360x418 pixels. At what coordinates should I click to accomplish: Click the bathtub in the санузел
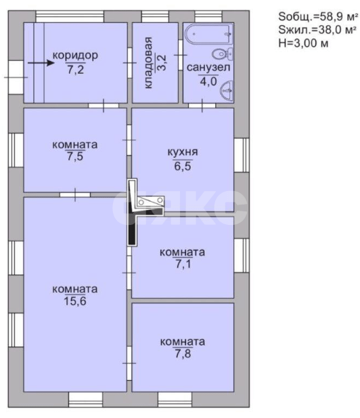[x=209, y=34]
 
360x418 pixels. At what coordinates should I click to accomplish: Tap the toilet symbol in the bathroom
[x=222, y=54]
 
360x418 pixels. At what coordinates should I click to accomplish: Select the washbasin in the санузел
[x=226, y=91]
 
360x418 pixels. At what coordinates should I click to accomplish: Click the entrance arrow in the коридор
[x=41, y=63]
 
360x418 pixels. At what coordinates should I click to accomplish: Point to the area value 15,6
[x=75, y=301]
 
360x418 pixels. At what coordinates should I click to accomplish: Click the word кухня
[x=183, y=152]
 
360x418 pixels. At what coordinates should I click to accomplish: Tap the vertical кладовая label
[x=148, y=62]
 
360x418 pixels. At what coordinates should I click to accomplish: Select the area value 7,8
[x=183, y=354]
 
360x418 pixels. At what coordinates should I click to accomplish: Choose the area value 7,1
[x=183, y=264]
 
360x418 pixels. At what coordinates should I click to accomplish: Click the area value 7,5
[x=75, y=156]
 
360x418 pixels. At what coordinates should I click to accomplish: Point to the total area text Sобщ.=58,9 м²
[x=318, y=17]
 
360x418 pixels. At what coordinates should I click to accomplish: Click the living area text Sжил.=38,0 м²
[x=317, y=30]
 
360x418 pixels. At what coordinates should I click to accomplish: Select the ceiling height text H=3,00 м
[x=303, y=43]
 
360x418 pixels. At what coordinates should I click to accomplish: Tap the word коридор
[x=75, y=56]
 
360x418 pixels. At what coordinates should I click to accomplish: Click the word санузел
[x=208, y=68]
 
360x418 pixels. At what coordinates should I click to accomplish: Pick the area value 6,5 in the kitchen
[x=183, y=166]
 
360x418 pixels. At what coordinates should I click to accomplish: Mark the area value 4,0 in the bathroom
[x=208, y=81]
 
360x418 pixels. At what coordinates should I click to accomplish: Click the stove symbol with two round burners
[x=150, y=201]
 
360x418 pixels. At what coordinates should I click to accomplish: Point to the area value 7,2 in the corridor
[x=75, y=69]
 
